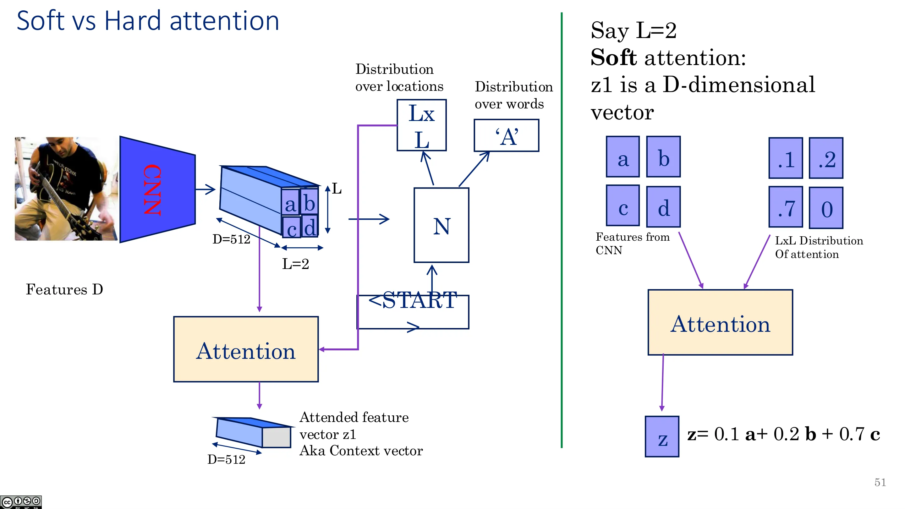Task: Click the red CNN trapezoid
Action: click(x=157, y=189)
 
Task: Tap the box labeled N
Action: click(x=441, y=225)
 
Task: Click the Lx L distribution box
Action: click(x=422, y=125)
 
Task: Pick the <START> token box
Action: click(x=413, y=312)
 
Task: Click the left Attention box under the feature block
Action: click(x=246, y=349)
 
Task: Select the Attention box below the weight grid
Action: click(x=720, y=322)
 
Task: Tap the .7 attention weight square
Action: click(x=786, y=207)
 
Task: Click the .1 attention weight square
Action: click(x=786, y=158)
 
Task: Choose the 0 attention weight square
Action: click(x=826, y=207)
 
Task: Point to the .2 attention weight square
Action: click(x=826, y=158)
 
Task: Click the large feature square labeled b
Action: click(x=663, y=157)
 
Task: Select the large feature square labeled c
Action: click(x=623, y=205)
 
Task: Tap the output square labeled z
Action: click(x=662, y=436)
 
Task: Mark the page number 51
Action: click(x=880, y=482)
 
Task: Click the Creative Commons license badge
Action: click(x=21, y=502)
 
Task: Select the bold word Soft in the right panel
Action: click(x=613, y=57)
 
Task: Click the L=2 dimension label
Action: click(x=295, y=264)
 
